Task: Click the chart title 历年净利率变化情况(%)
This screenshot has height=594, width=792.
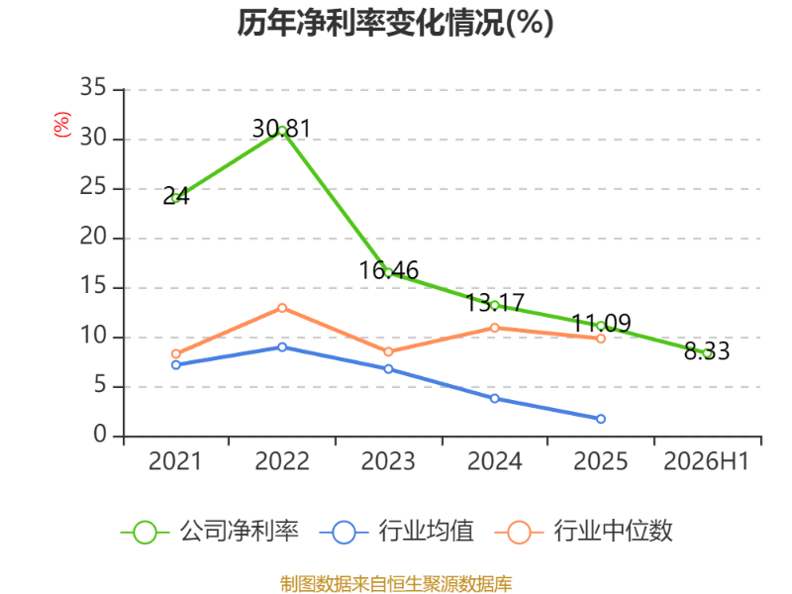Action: pyautogui.click(x=395, y=23)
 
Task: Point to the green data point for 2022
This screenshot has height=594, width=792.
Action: pyautogui.click(x=282, y=132)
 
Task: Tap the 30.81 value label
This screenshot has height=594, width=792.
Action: pyautogui.click(x=281, y=129)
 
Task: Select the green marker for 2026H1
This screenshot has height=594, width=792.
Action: pyautogui.click(x=707, y=353)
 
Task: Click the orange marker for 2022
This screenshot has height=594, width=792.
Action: pyautogui.click(x=282, y=308)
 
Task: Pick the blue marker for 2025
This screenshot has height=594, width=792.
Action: pyautogui.click(x=601, y=419)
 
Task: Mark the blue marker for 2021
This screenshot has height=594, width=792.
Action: pyautogui.click(x=176, y=364)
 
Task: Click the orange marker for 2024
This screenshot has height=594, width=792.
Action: pyautogui.click(x=494, y=328)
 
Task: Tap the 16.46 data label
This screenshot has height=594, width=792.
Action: pyautogui.click(x=388, y=270)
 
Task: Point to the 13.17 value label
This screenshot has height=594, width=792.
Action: pyautogui.click(x=494, y=303)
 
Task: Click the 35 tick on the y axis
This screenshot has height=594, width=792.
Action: pyautogui.click(x=93, y=87)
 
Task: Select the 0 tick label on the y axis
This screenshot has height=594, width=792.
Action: pyautogui.click(x=100, y=435)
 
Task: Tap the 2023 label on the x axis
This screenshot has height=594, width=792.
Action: pyautogui.click(x=388, y=461)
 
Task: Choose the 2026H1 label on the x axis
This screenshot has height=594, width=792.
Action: pyautogui.click(x=706, y=461)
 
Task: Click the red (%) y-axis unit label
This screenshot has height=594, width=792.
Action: pyautogui.click(x=61, y=125)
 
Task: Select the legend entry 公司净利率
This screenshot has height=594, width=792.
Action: pyautogui.click(x=210, y=532)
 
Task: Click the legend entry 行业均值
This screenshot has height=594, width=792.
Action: pyautogui.click(x=397, y=532)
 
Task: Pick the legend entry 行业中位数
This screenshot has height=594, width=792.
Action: pyautogui.click(x=583, y=532)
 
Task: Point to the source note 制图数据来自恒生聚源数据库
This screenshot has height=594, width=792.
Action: pyautogui.click(x=396, y=584)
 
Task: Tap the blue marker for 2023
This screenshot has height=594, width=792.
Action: pyautogui.click(x=388, y=369)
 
